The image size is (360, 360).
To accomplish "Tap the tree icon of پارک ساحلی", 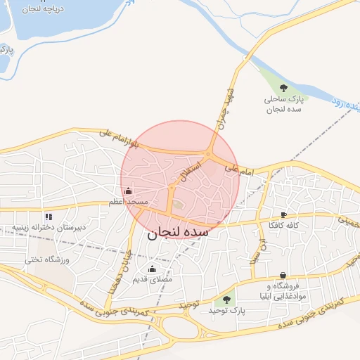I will [x=283, y=88].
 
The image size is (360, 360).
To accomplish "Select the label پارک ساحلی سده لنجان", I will [x=283, y=105].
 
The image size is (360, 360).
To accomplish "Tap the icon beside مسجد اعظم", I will [x=128, y=191].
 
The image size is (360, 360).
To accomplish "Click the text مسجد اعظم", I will [x=128, y=202].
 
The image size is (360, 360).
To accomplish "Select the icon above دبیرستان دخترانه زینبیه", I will [x=48, y=217].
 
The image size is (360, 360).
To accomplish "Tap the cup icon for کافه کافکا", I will [x=283, y=214].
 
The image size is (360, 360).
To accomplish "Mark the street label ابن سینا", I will [x=261, y=250].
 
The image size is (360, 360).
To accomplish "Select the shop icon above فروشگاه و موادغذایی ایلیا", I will [x=282, y=275].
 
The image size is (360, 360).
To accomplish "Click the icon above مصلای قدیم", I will [x=153, y=268].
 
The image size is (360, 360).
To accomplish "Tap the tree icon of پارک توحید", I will [x=226, y=300].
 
